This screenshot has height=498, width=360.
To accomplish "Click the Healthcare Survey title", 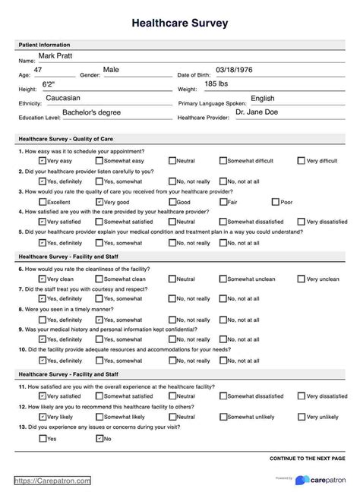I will click(180, 24).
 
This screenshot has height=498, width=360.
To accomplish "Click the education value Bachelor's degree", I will click(93, 112).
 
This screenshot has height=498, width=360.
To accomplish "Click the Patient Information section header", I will click(44, 45).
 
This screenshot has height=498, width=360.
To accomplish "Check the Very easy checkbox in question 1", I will click(42, 161).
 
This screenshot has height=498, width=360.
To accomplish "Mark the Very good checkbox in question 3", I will click(99, 202).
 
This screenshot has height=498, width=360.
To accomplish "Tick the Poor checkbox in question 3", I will click(276, 202).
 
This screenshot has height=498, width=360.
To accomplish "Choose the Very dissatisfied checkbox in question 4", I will click(301, 222).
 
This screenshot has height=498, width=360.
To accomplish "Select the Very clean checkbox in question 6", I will click(42, 279).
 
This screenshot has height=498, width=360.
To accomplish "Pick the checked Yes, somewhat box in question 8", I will click(99, 320).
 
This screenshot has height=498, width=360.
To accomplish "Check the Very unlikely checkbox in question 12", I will click(301, 417).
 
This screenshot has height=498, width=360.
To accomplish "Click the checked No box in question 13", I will click(99, 438).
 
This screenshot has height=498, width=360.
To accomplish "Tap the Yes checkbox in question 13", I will click(42, 438).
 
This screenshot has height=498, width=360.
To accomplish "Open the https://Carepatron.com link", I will click(52, 481).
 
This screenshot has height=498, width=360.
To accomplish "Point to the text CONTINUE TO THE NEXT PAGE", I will click(307, 459).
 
